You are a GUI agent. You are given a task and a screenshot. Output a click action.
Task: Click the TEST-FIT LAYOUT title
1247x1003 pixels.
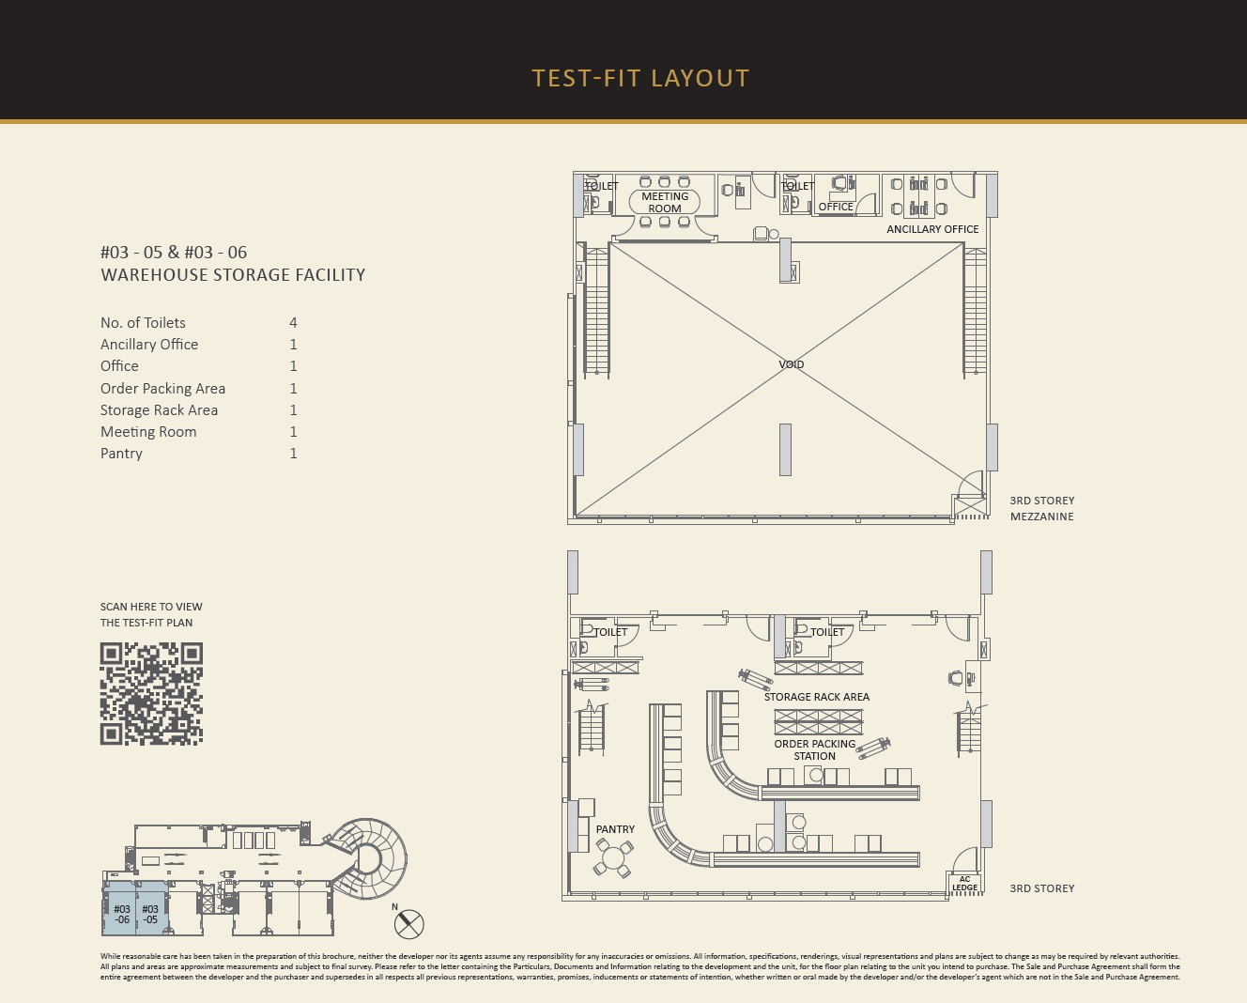click(641, 78)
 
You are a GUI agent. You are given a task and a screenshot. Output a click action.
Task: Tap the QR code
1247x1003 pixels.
click(151, 693)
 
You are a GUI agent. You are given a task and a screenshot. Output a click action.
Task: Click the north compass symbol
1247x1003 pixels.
click(409, 923)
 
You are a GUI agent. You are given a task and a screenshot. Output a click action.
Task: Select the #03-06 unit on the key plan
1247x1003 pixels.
click(120, 908)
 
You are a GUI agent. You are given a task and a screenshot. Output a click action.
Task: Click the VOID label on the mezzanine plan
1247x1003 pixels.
click(791, 364)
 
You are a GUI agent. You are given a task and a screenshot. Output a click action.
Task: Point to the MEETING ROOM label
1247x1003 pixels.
click(665, 202)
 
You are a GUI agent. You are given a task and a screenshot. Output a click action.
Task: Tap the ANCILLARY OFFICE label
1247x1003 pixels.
click(932, 229)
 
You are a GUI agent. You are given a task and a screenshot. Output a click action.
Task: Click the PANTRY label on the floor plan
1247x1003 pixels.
click(615, 829)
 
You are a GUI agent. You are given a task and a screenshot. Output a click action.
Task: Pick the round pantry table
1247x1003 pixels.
click(613, 856)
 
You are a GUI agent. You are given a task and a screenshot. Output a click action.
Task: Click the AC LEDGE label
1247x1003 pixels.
click(964, 884)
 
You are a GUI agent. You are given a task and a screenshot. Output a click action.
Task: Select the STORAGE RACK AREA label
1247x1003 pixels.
click(816, 697)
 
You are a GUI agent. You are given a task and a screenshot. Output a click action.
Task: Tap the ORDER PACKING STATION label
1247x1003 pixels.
click(815, 749)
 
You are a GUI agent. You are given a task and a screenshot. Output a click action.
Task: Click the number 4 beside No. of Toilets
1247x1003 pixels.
click(293, 322)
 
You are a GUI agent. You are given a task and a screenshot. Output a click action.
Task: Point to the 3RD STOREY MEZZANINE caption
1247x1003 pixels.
click(1042, 508)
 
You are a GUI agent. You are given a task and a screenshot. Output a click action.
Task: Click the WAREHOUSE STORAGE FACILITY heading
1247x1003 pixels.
click(233, 275)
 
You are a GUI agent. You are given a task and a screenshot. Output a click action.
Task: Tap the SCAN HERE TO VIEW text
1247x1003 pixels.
click(151, 607)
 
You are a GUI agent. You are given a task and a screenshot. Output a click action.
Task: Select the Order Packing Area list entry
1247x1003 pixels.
click(162, 389)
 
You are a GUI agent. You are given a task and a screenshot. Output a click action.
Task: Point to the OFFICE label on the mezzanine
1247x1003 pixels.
click(836, 207)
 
